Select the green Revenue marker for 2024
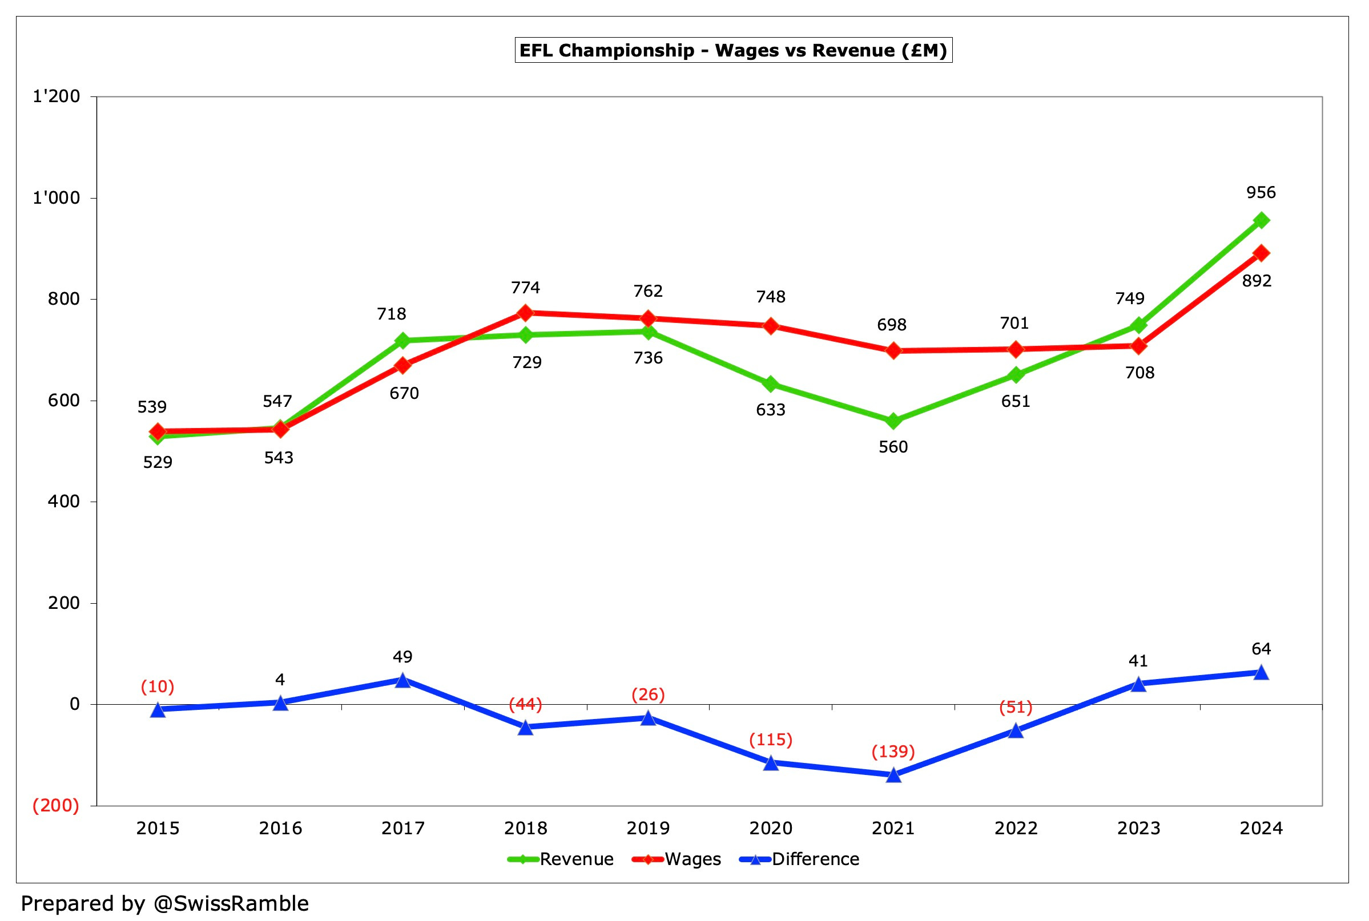click(x=1261, y=220)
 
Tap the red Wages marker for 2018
click(x=525, y=313)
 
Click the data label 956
click(x=1261, y=193)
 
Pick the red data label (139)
click(x=893, y=752)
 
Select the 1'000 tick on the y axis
click(x=56, y=198)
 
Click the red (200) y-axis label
click(x=56, y=805)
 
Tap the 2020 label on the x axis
click(x=770, y=828)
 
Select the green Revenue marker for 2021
click(x=893, y=421)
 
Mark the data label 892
click(x=1257, y=281)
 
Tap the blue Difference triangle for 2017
click(x=402, y=680)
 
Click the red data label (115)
click(x=770, y=740)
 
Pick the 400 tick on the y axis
click(x=63, y=502)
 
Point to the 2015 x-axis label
click(x=158, y=828)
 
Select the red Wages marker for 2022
click(x=1016, y=349)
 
